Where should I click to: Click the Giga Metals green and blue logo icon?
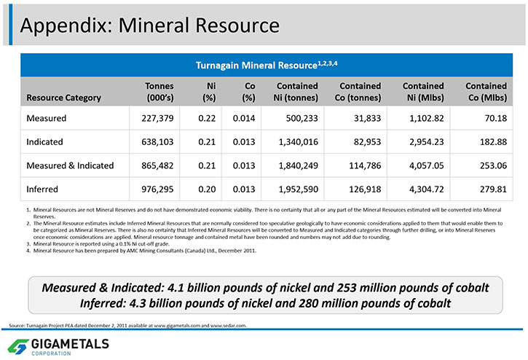(18, 346)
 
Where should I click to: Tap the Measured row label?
(46, 118)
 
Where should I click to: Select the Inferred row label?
(42, 189)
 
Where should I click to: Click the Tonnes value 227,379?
(157, 118)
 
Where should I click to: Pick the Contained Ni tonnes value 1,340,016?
(299, 142)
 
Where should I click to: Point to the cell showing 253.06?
(493, 165)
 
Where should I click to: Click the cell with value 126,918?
(365, 189)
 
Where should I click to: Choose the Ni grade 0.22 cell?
(207, 118)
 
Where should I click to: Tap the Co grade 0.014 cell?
(244, 118)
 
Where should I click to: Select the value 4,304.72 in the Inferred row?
(427, 189)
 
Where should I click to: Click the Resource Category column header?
(63, 98)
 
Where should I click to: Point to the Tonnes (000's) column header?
(159, 92)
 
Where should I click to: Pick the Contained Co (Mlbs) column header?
(486, 92)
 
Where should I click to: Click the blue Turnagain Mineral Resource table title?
(267, 65)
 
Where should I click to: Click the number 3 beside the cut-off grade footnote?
(28, 243)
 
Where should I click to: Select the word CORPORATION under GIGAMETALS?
(51, 353)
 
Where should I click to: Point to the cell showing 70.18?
(496, 118)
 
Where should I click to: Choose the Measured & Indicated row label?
(70, 165)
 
